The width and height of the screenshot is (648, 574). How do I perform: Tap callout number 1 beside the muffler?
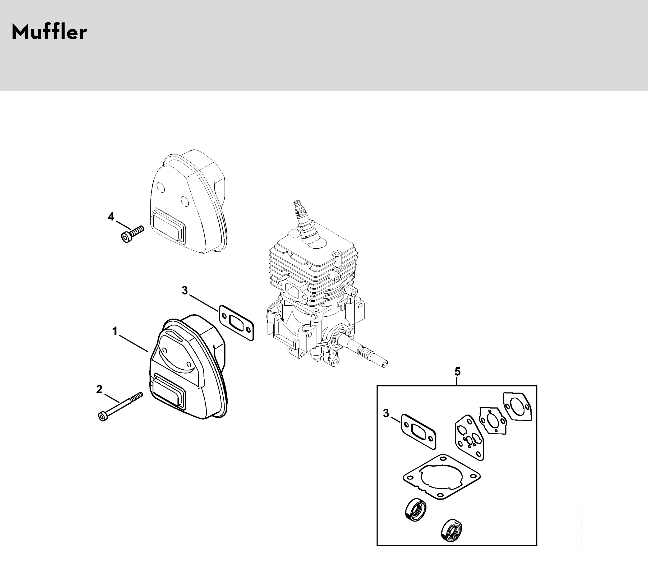[115, 331]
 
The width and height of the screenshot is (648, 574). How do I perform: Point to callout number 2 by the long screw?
[99, 389]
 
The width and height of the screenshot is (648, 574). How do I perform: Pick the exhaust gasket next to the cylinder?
[236, 323]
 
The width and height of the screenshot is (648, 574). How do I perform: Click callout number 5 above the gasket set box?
[457, 371]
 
